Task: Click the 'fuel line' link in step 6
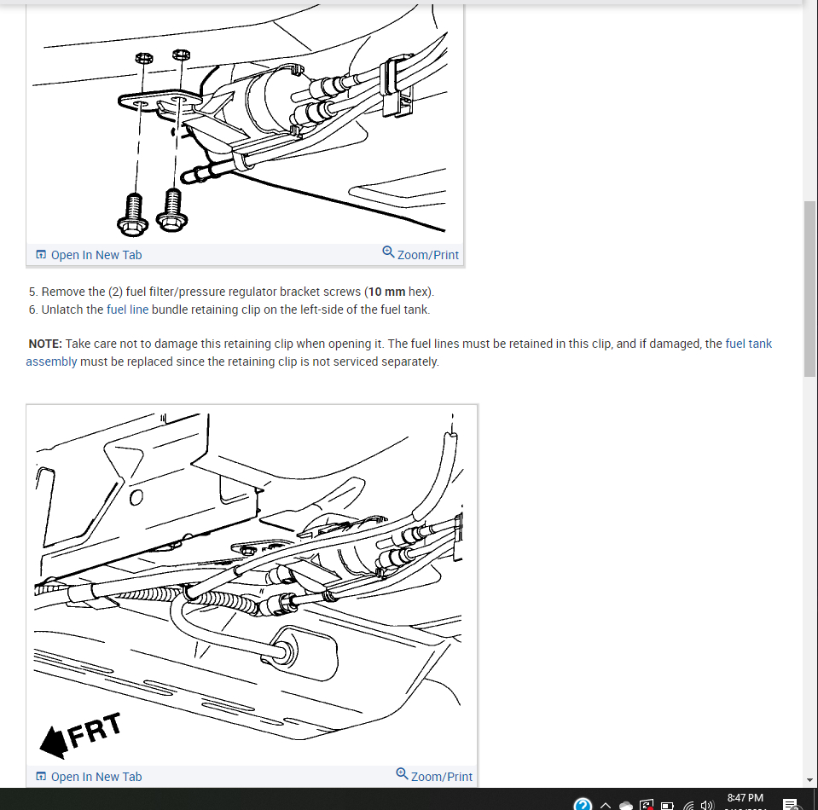[x=127, y=310]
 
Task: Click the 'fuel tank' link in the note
[x=748, y=344]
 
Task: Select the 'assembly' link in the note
[x=51, y=362]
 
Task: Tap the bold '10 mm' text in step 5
[x=386, y=292]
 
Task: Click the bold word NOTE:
[x=45, y=344]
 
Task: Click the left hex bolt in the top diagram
[x=133, y=215]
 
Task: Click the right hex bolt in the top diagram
[x=172, y=211]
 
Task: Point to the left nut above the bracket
[x=144, y=57]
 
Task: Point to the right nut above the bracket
[x=181, y=55]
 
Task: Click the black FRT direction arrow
[x=54, y=742]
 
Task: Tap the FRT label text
[x=95, y=730]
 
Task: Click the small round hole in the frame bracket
[x=136, y=498]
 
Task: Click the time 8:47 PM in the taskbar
[x=745, y=798]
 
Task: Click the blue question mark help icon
[x=583, y=804]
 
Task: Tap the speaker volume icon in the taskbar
[x=707, y=805]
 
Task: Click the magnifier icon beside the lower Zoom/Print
[x=402, y=774]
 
